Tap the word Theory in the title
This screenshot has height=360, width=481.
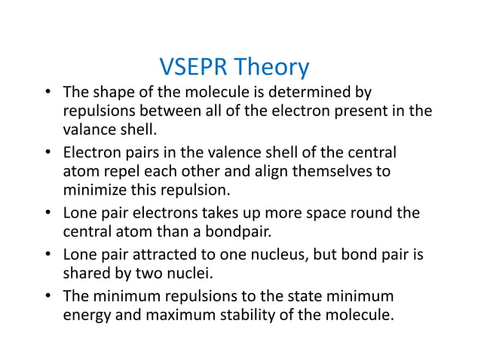tap(272, 68)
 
